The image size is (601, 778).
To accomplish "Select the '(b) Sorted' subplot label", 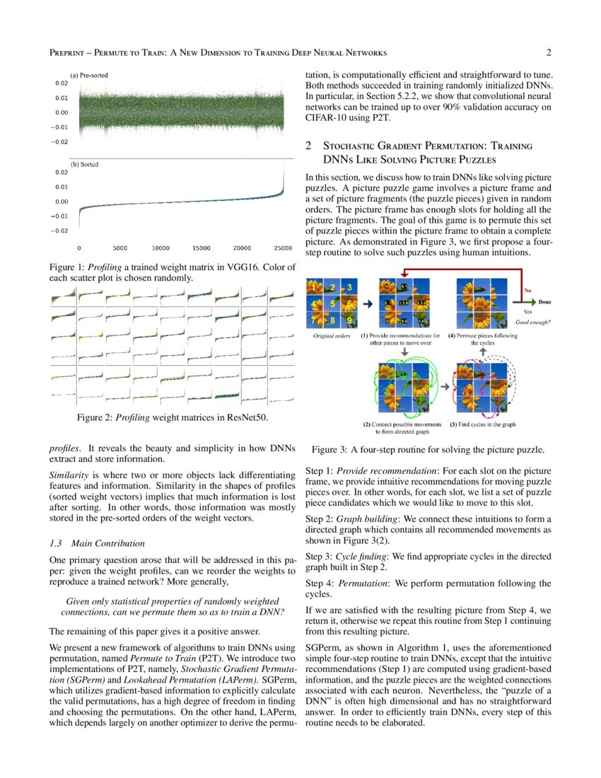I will tap(84, 164).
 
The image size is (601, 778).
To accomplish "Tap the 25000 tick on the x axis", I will tap(283, 249).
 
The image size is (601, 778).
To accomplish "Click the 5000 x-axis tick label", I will tap(119, 249).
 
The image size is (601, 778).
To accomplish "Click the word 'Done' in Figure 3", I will tap(544, 302).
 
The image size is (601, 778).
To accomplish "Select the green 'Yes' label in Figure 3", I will tap(526, 311).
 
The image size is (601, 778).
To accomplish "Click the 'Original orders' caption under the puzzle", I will tap(332, 336).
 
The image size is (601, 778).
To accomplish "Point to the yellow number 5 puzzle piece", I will tap(332, 304).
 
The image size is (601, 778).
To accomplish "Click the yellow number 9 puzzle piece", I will tap(349, 320).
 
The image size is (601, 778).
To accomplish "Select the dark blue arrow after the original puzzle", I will tap(368, 304).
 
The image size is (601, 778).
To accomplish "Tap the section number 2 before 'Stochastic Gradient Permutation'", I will tap(308, 146).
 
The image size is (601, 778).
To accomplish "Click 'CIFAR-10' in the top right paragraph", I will tap(326, 117).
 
